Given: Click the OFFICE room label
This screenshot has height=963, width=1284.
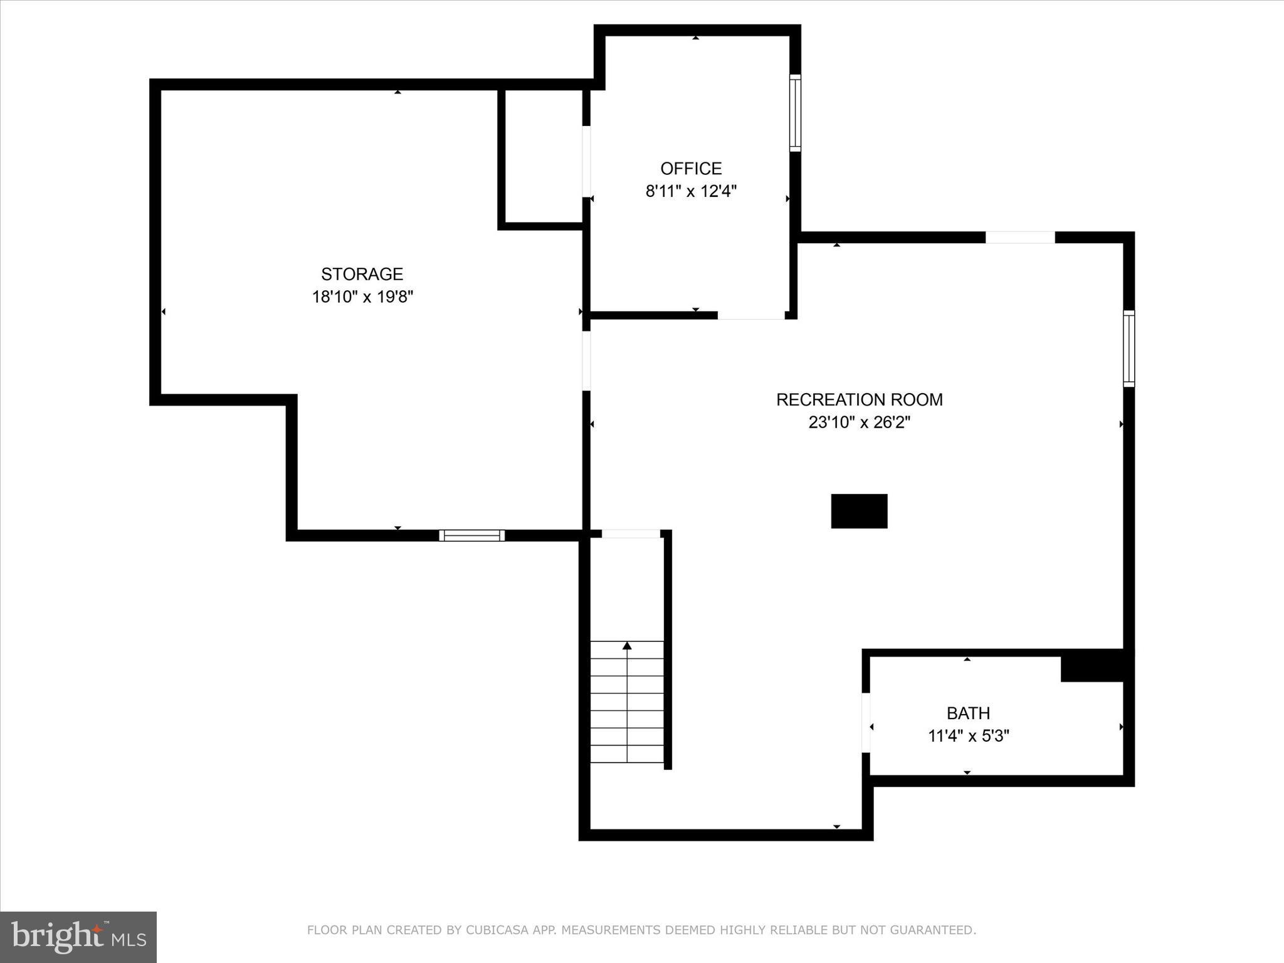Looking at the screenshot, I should [691, 169].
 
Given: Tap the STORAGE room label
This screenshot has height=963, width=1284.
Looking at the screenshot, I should [362, 274].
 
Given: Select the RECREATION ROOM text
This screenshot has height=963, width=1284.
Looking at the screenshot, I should [859, 399].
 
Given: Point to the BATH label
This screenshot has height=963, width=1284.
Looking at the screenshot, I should [968, 713].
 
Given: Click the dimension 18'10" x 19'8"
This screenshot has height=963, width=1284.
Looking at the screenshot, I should [362, 297].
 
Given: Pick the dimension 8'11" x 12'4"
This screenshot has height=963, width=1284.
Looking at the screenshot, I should [691, 191].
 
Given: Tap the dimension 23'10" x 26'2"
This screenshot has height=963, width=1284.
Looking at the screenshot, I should [859, 423].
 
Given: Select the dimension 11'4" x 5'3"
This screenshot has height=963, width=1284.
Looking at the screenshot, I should [968, 735].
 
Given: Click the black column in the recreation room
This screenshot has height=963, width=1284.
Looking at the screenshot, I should [859, 511].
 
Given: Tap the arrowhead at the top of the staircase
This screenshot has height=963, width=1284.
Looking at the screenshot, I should [627, 645].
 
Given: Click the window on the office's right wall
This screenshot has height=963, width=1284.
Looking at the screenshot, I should [795, 113].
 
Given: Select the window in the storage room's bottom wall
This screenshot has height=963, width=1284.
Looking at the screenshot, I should [471, 535].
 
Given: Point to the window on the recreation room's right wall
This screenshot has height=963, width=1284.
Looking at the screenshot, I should [1129, 348].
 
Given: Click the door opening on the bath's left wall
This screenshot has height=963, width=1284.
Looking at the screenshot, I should [866, 722].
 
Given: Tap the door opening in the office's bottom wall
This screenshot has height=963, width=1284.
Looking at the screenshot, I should [751, 315].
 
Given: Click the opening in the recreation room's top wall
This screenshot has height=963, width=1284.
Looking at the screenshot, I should [1020, 238].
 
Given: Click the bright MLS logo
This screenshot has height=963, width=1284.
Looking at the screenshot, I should [78, 937].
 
